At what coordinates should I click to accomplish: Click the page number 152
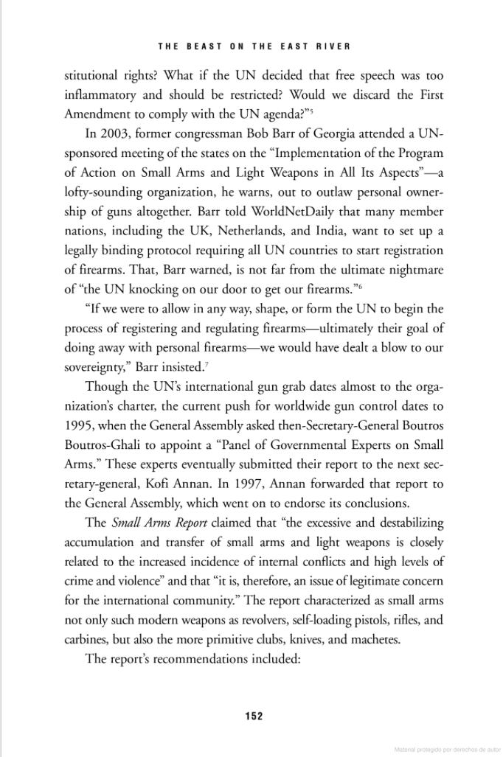(x=254, y=715)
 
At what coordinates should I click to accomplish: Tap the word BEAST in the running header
(x=204, y=46)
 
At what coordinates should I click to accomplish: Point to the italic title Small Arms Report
(x=155, y=523)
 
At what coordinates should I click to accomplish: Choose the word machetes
(x=375, y=639)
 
